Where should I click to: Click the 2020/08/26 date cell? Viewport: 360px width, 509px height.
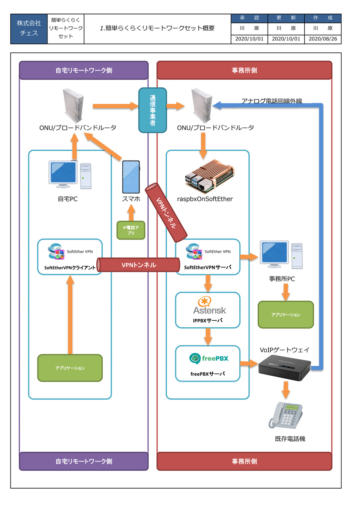tap(322, 39)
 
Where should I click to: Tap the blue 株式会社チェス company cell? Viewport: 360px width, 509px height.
tap(29, 29)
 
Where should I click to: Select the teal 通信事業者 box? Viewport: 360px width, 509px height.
tap(152, 110)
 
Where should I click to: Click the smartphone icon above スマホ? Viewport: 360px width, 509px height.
tap(131, 177)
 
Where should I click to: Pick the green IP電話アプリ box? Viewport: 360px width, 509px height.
tap(131, 230)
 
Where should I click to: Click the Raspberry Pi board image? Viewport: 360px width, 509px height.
tap(210, 176)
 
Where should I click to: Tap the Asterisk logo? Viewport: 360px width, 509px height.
tap(209, 305)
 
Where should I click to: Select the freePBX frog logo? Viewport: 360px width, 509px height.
tap(195, 358)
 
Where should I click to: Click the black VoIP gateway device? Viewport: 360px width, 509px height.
tap(284, 370)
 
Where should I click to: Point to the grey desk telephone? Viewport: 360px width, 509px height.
tap(285, 415)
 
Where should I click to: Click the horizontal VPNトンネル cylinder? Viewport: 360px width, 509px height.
tap(138, 265)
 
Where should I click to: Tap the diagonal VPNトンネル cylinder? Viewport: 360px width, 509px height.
tap(166, 213)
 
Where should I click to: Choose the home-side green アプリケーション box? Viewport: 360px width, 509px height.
tap(70, 368)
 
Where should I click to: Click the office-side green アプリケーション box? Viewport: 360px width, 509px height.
tap(285, 314)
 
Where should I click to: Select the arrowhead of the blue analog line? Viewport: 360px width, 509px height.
tap(216, 105)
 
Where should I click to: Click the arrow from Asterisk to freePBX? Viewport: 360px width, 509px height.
tap(208, 337)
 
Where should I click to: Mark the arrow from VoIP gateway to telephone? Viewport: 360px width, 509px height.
tap(285, 390)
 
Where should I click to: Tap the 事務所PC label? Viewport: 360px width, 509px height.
tap(282, 279)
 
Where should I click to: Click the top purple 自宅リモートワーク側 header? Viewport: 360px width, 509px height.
tap(84, 70)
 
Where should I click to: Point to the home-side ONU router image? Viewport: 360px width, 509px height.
tap(73, 105)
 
